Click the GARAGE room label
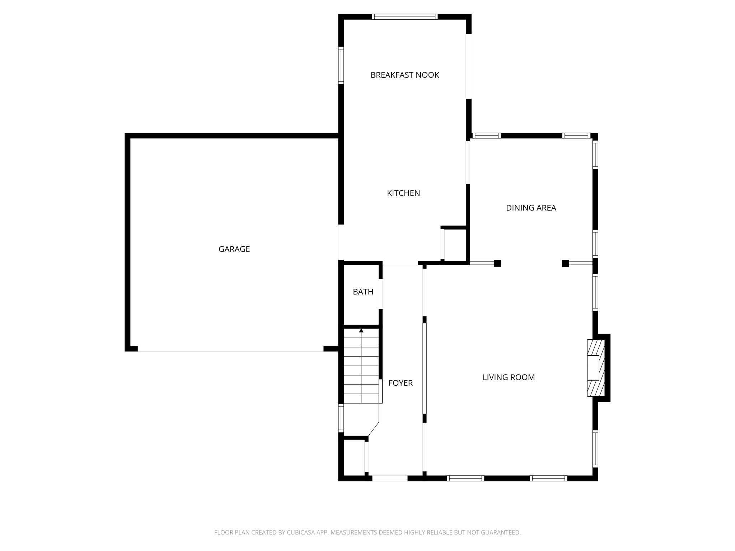click(x=234, y=249)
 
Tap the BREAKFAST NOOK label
click(x=404, y=75)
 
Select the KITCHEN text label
click(x=403, y=193)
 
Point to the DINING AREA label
click(x=531, y=208)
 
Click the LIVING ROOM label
click(x=508, y=377)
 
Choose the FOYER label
click(x=401, y=383)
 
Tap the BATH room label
click(x=363, y=292)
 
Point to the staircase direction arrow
click(x=361, y=330)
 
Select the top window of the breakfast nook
click(x=404, y=17)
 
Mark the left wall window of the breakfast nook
click(x=341, y=65)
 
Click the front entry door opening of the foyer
click(x=390, y=478)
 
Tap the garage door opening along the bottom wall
click(x=230, y=351)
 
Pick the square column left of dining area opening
click(x=497, y=263)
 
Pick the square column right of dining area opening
click(x=565, y=263)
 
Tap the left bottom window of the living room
click(x=465, y=478)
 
